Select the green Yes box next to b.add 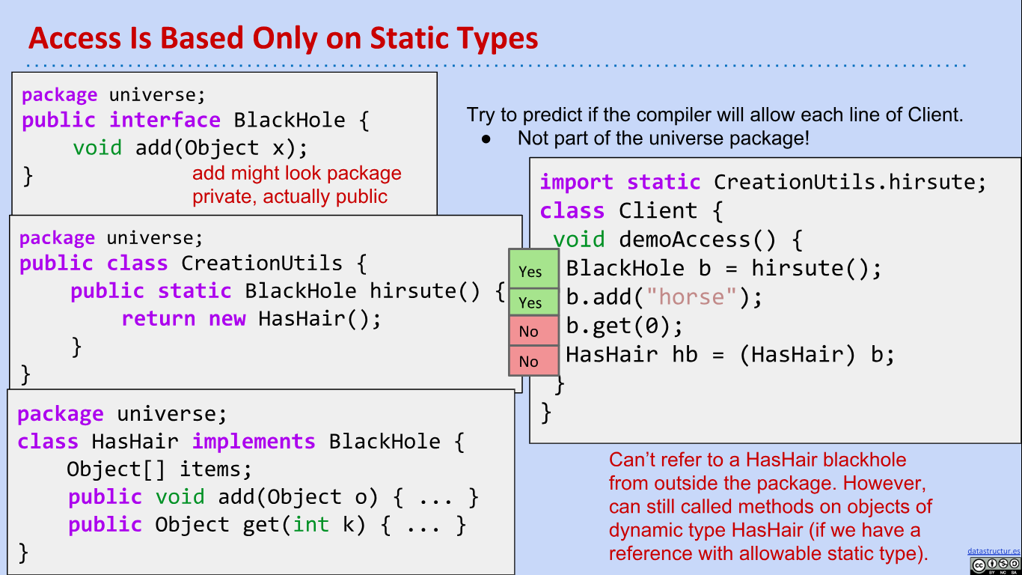[533, 302]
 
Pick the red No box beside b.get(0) [533, 331]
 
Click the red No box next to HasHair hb [533, 361]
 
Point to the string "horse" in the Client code [691, 297]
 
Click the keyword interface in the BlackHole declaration [165, 120]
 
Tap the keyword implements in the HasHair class [254, 442]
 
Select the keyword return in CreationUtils [159, 319]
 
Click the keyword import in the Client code [577, 182]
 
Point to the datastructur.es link [994, 551]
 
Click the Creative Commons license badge [995, 565]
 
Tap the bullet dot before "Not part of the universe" [486, 139]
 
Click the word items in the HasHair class [215, 469]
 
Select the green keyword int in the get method [310, 524]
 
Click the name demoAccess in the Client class [685, 240]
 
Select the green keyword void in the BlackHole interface [97, 148]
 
